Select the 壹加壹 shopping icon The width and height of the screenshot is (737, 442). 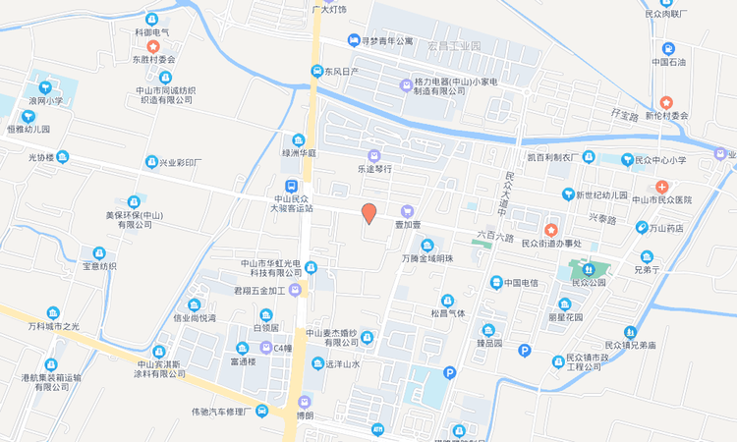coord(408,210)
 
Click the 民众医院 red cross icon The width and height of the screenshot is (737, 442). coord(663,186)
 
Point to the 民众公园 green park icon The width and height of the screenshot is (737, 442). coord(589,267)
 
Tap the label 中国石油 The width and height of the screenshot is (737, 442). coord(668,62)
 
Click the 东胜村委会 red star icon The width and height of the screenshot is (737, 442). coord(152,46)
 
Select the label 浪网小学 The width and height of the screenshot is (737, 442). coord(45,100)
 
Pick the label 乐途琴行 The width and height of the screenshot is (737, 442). coord(373,169)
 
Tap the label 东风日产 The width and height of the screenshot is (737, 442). coord(341,72)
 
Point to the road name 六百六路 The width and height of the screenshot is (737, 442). coord(494,237)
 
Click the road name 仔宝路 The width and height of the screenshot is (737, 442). coord(624,116)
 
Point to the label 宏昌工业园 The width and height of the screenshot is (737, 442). coord(455,46)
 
